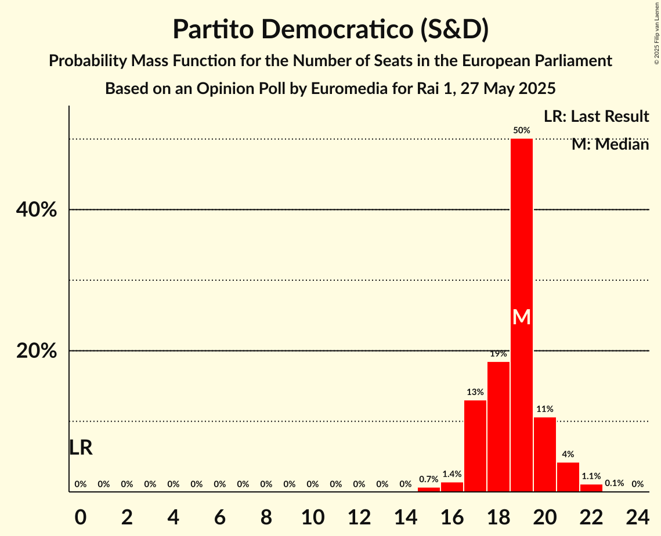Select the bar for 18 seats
coord(498,427)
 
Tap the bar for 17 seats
coord(475,446)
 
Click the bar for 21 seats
coord(568,477)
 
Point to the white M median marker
coord(521,317)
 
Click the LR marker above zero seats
coord(81,448)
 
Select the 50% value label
coord(521,131)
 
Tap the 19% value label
coord(498,354)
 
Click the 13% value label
coord(475,392)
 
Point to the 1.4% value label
coord(451,474)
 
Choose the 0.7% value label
coord(428,479)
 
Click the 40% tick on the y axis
coord(37,210)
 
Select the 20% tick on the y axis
coord(37,352)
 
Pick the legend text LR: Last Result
coord(596,117)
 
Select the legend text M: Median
coord(610,144)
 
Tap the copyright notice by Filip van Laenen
coord(656,32)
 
